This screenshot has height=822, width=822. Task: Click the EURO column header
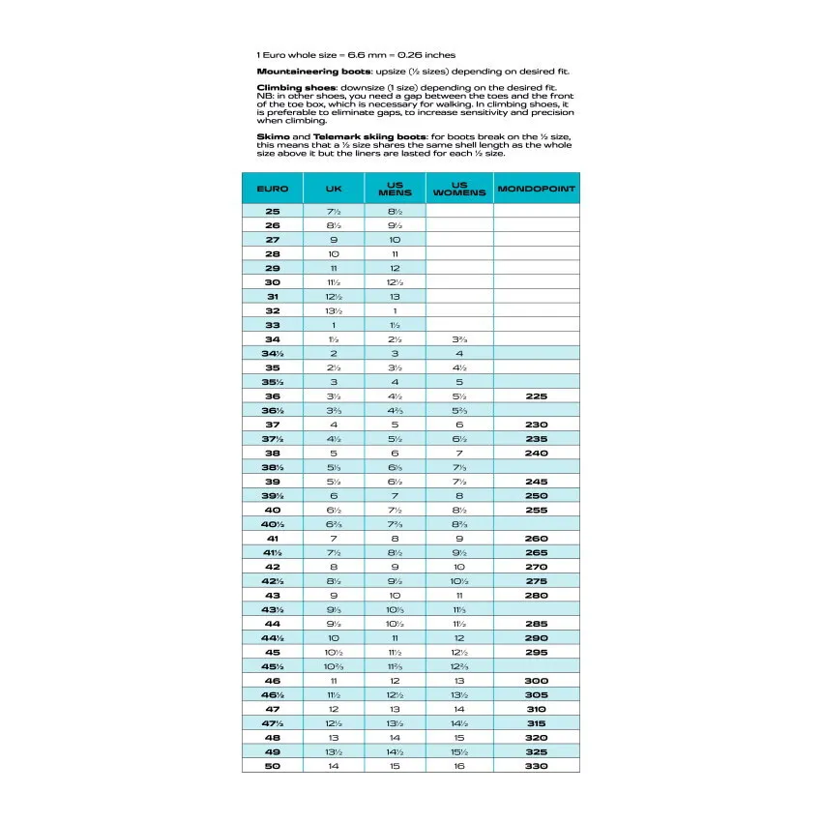[272, 189]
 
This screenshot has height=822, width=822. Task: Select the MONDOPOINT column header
[537, 189]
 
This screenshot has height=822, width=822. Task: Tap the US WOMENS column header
[459, 189]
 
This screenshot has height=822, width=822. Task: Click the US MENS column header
[395, 189]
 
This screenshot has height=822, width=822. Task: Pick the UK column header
[334, 189]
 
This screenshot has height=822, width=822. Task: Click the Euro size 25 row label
[272, 211]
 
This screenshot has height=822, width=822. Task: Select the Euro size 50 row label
[272, 766]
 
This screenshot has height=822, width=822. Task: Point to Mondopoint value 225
[537, 396]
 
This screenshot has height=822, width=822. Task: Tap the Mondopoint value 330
[537, 766]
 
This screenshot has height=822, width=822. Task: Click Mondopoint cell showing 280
[537, 596]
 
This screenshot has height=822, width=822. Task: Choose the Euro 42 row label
[272, 567]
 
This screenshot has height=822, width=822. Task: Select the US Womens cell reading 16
[459, 766]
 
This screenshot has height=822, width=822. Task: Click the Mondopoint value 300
[537, 681]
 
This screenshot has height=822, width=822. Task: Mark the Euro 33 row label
[272, 325]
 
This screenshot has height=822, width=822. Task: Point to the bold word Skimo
[271, 136]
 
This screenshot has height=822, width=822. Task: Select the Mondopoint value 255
[537, 510]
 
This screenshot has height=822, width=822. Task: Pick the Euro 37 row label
[272, 425]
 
